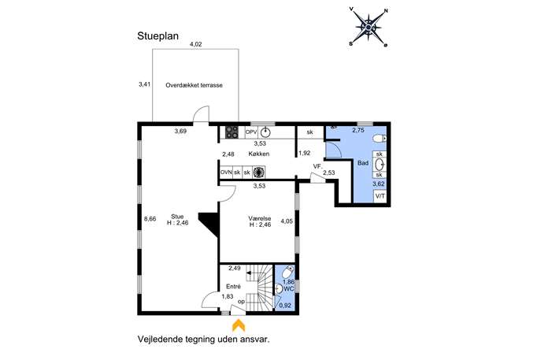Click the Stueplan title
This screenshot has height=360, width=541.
point(158,36)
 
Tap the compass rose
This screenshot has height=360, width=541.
point(369,28)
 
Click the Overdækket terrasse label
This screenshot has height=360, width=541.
point(194,85)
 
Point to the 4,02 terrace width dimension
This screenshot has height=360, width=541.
point(195,44)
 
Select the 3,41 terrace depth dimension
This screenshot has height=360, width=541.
point(145,84)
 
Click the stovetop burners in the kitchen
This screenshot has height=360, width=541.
point(232,132)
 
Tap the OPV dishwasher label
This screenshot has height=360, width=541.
point(251,132)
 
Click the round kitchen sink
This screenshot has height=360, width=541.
point(265,132)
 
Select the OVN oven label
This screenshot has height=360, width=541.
point(226,172)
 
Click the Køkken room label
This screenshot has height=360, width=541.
point(259,154)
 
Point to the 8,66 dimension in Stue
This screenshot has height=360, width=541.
point(150,219)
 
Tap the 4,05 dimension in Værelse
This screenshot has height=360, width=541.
point(287,221)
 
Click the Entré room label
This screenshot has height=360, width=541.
point(233,287)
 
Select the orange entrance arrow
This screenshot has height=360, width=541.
point(238,325)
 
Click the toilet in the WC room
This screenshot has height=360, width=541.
point(287,273)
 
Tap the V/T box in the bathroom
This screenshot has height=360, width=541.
point(380,196)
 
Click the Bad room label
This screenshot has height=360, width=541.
point(363,163)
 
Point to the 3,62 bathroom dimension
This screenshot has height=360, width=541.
point(379,184)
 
